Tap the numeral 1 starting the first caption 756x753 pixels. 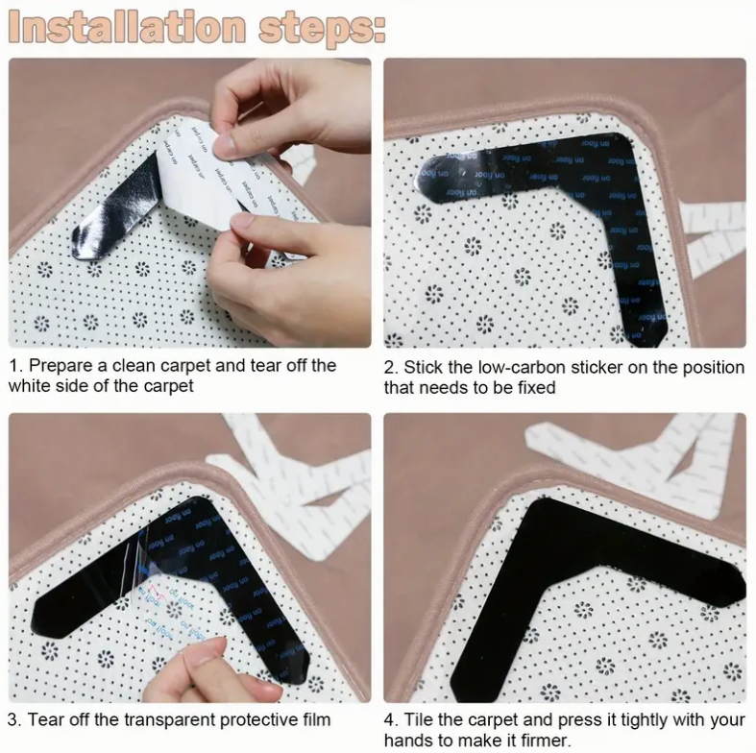pos(13,366)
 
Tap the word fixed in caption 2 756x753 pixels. pos(531,388)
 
